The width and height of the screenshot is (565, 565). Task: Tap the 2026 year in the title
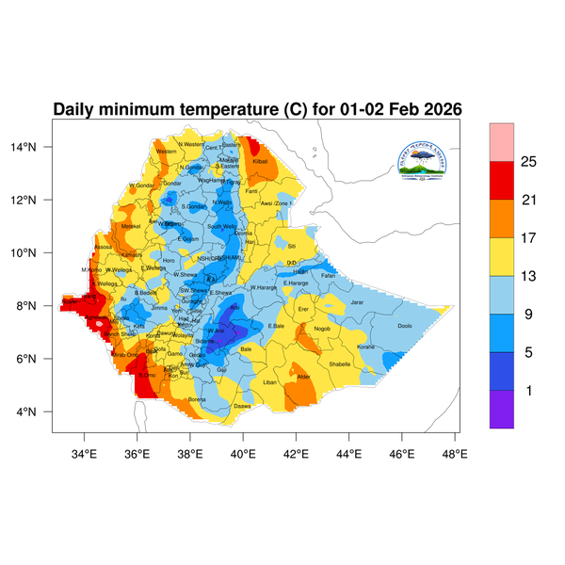[438, 109]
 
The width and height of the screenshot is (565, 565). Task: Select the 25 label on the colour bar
[528, 162]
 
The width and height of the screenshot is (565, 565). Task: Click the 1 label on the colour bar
[528, 390]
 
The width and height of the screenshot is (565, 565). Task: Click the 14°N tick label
[36, 147]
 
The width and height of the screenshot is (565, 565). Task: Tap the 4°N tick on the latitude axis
[38, 412]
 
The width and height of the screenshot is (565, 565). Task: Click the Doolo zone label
[405, 326]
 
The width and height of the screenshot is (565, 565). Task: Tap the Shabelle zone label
[339, 363]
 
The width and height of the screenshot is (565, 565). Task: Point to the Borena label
[197, 399]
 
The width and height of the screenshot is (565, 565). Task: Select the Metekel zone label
[131, 226]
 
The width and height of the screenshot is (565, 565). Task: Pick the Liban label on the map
[270, 382]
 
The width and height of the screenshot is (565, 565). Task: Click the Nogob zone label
[322, 329]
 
